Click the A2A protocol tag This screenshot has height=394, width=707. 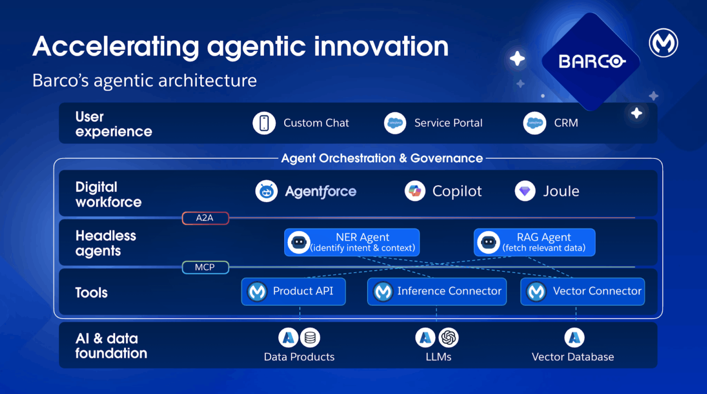pyautogui.click(x=205, y=218)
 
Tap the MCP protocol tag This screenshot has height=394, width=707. pyautogui.click(x=205, y=267)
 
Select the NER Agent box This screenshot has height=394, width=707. pyautogui.click(x=352, y=242)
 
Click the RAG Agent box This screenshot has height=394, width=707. pyautogui.click(x=534, y=242)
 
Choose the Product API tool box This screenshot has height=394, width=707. pyautogui.click(x=293, y=291)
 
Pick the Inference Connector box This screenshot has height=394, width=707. pyautogui.click(x=437, y=291)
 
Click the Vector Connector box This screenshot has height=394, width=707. pyautogui.click(x=582, y=291)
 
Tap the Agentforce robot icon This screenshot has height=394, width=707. pyautogui.click(x=266, y=191)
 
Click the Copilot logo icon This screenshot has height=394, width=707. pyautogui.click(x=415, y=191)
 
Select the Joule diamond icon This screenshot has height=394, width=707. pyautogui.click(x=525, y=191)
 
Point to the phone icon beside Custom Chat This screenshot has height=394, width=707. pyautogui.click(x=264, y=123)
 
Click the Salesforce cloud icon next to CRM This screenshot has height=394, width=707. pyautogui.click(x=534, y=123)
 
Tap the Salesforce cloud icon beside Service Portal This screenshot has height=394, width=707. pyautogui.click(x=395, y=123)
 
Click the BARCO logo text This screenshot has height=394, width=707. pyautogui.click(x=591, y=61)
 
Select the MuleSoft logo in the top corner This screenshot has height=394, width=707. pyautogui.click(x=663, y=43)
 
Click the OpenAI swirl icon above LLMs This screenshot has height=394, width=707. pyautogui.click(x=449, y=338)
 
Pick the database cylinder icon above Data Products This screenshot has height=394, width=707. pyautogui.click(x=310, y=338)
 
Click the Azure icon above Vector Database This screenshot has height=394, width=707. pyautogui.click(x=574, y=338)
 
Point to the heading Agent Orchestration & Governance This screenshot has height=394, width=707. pyautogui.click(x=382, y=158)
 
